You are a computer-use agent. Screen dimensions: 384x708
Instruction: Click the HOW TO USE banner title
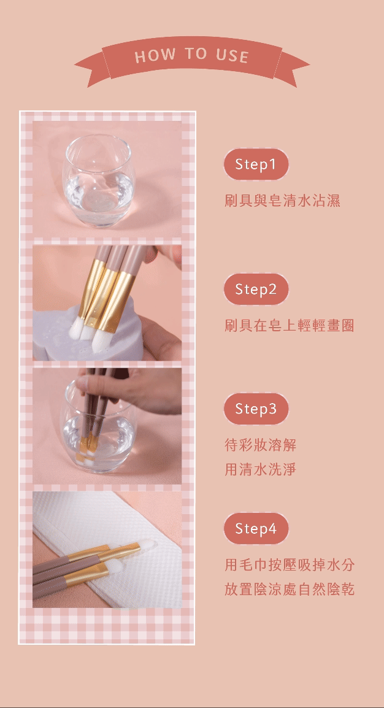[192, 56]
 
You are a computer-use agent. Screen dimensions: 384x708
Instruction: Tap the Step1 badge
[256, 164]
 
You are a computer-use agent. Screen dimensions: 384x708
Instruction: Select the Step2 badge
[256, 289]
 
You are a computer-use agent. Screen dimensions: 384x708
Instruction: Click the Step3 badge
[256, 409]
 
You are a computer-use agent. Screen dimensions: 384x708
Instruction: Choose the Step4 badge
[256, 528]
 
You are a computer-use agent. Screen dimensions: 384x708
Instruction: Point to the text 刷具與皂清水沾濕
[282, 201]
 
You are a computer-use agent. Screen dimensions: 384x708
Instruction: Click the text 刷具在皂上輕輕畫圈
[290, 325]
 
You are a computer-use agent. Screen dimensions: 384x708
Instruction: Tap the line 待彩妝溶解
[260, 445]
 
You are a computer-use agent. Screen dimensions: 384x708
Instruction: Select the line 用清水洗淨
[260, 469]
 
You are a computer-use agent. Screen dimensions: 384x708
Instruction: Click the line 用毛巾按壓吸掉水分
[290, 564]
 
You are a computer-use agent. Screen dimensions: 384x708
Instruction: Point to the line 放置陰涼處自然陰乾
[290, 589]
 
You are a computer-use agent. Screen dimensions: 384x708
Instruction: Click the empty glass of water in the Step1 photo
[99, 180]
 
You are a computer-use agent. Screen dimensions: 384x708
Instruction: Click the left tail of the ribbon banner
[90, 67]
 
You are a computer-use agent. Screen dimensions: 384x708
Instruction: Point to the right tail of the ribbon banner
[293, 67]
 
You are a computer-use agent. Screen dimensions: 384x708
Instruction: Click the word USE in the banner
[232, 56]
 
